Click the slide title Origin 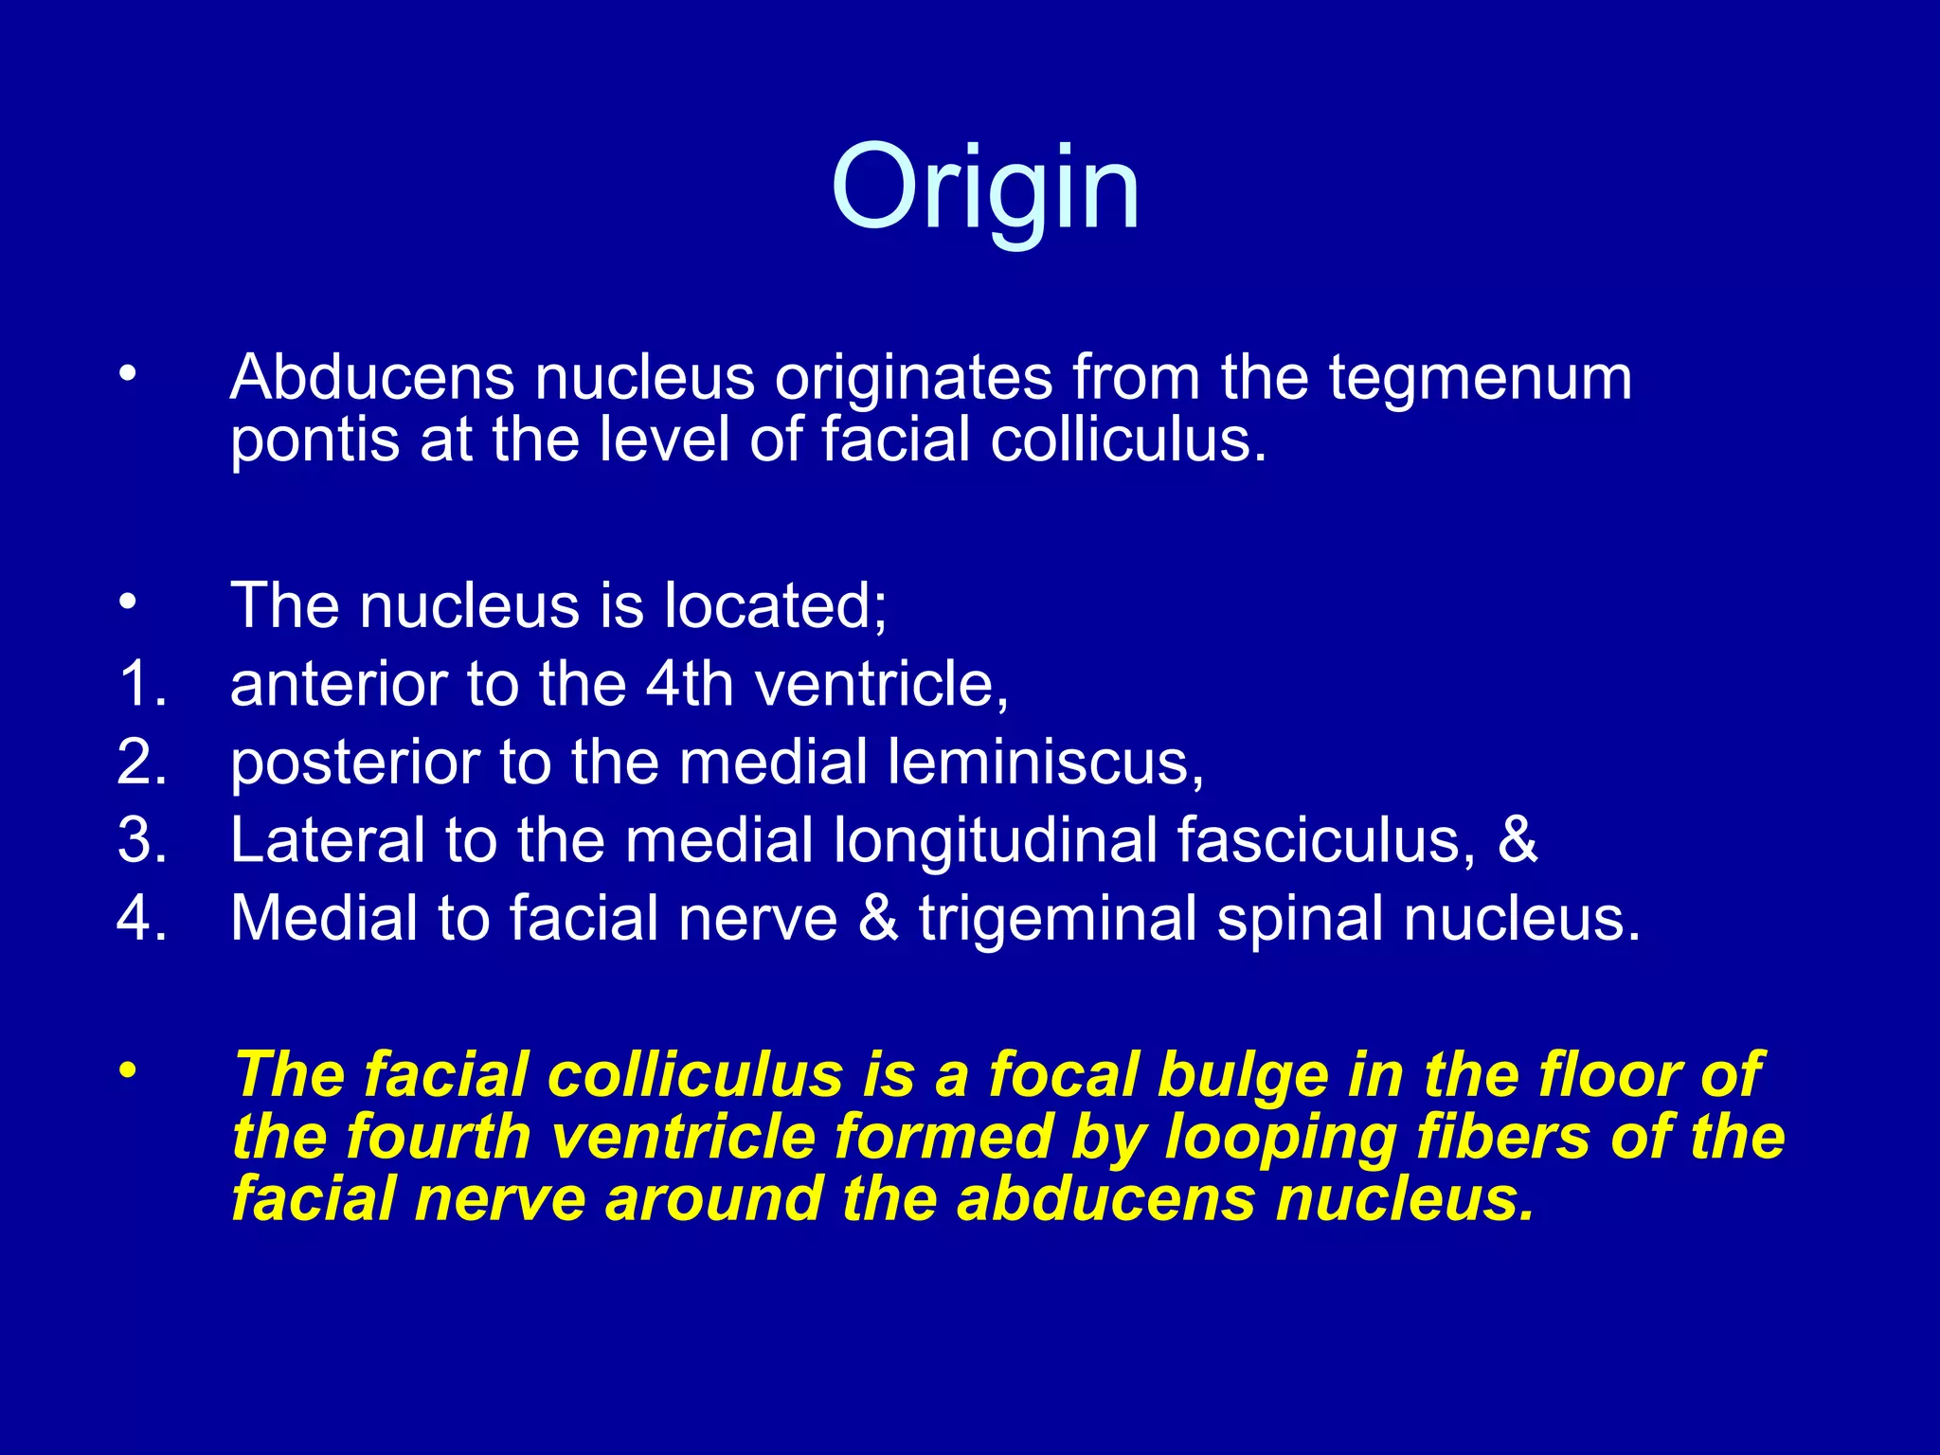pyautogui.click(x=985, y=189)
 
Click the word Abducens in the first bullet pyautogui.click(x=371, y=378)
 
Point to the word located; pyautogui.click(x=776, y=605)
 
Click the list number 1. pyautogui.click(x=142, y=684)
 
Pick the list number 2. pyautogui.click(x=142, y=762)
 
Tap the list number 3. pyautogui.click(x=142, y=840)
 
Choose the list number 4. pyautogui.click(x=142, y=919)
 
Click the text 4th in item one pyautogui.click(x=690, y=684)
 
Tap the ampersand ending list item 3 pyautogui.click(x=1518, y=840)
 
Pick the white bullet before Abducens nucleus pyautogui.click(x=128, y=374)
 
